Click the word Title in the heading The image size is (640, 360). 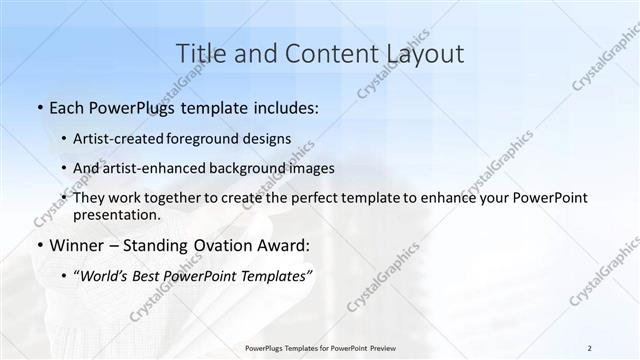tap(198, 53)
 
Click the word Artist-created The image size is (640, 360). tap(122, 139)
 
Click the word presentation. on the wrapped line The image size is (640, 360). tap(117, 214)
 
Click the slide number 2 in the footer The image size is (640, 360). tap(590, 347)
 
